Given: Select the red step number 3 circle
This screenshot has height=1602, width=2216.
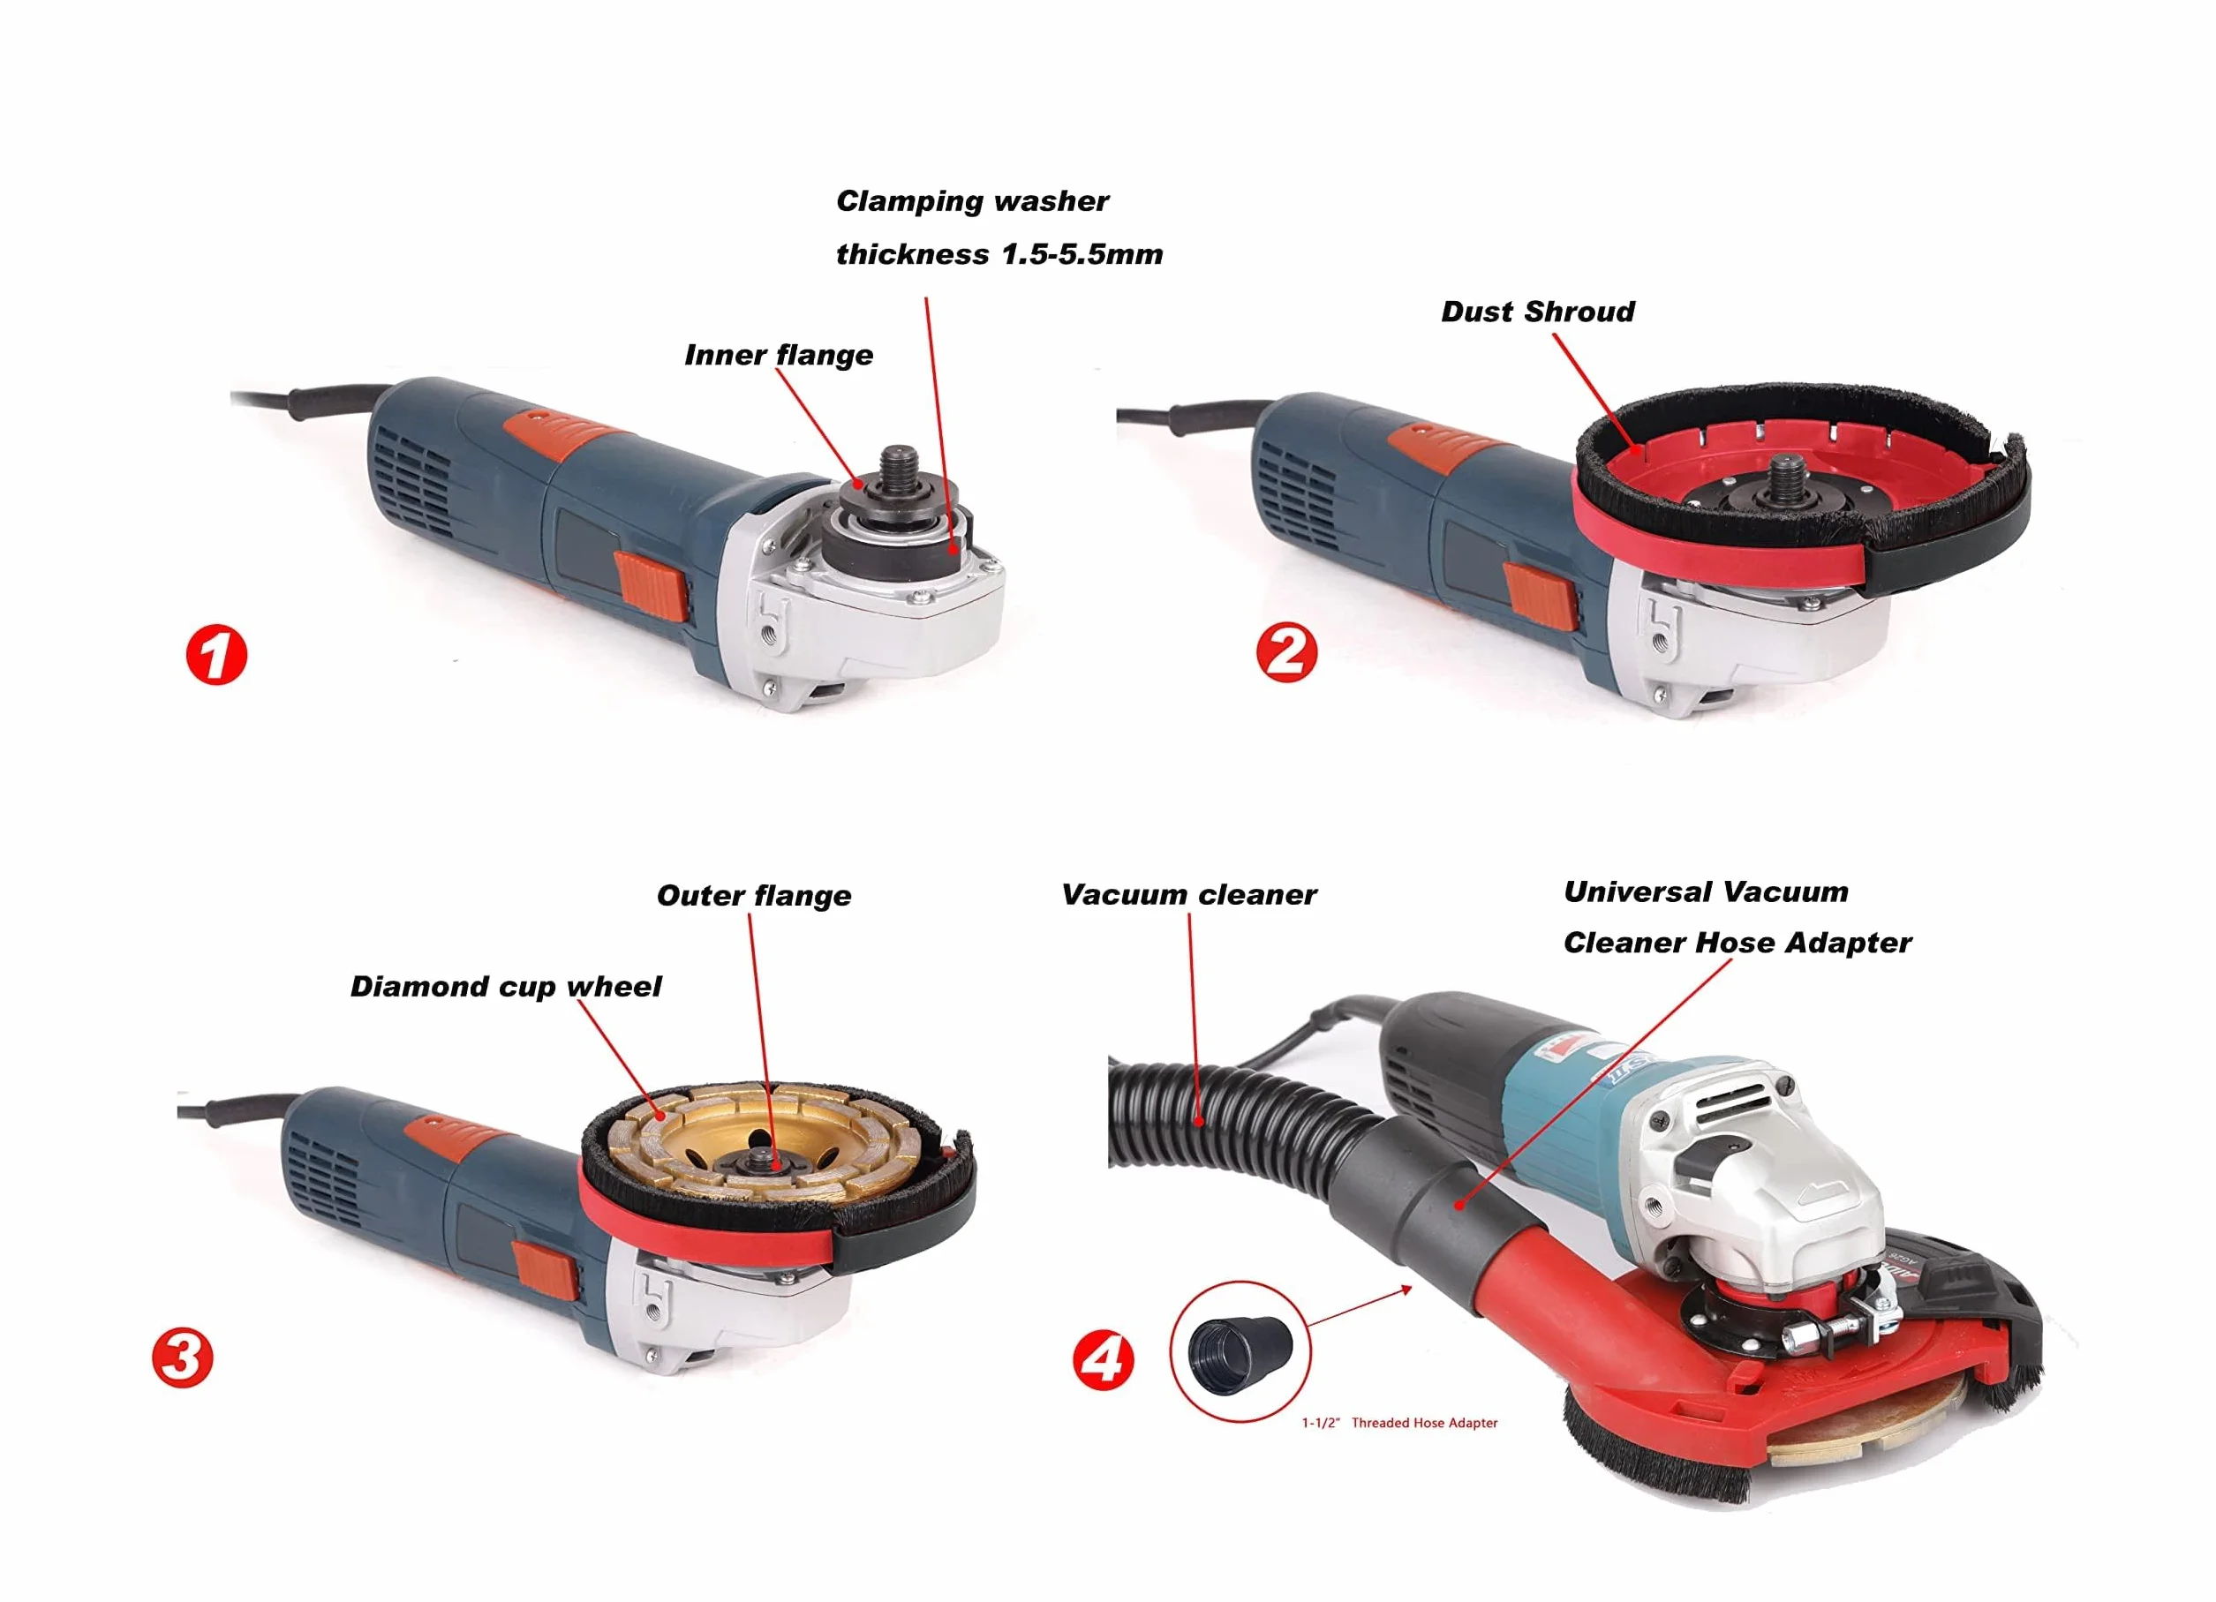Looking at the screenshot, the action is point(182,1358).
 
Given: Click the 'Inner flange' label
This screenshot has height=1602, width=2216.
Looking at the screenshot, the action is point(779,355).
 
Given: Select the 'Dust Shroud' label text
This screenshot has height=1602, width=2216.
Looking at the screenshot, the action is point(1538,312).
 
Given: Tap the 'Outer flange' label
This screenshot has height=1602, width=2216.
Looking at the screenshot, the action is point(753,896).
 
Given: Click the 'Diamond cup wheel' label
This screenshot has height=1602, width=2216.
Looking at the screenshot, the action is point(506,987).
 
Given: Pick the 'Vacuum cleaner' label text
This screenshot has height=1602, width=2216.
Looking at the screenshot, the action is point(1189,895).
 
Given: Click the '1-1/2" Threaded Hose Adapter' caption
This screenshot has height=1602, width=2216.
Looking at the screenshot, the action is point(1399,1423).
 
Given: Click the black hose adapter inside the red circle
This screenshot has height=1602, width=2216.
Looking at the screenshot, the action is point(1240,1353).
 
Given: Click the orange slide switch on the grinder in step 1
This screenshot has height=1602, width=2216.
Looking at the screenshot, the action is point(649,586).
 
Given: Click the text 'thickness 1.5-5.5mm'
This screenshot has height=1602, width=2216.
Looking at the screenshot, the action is point(999,254).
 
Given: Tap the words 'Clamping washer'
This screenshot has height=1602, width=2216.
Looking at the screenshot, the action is point(972,201).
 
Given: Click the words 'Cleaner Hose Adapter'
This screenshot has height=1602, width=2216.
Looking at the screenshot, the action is point(1737,943).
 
